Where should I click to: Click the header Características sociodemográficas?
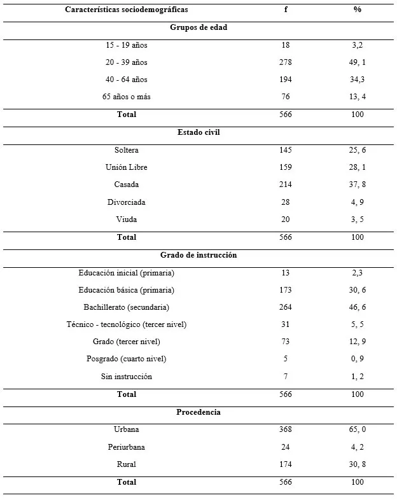pos(126,10)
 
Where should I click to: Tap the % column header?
pos(358,10)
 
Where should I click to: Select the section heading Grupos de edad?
pos(198,27)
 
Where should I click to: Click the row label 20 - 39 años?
pos(126,62)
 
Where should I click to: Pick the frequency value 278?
pos(286,62)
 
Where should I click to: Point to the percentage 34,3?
pos(358,80)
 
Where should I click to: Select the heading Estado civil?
pos(198,132)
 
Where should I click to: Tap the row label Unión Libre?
pos(127,167)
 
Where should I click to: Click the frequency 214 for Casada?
pos(286,184)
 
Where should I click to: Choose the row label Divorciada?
pos(127,202)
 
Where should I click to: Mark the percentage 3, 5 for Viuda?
pos(358,219)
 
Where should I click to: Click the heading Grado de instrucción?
pos(198,254)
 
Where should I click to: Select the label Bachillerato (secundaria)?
pos(126,307)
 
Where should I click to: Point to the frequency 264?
pos(286,307)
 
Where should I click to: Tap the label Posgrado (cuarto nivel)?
pos(127,359)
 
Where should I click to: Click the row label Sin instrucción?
pos(127,377)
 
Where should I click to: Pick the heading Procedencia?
pos(198,412)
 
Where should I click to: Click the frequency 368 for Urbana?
pos(286,429)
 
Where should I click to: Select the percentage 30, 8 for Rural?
pos(358,464)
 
